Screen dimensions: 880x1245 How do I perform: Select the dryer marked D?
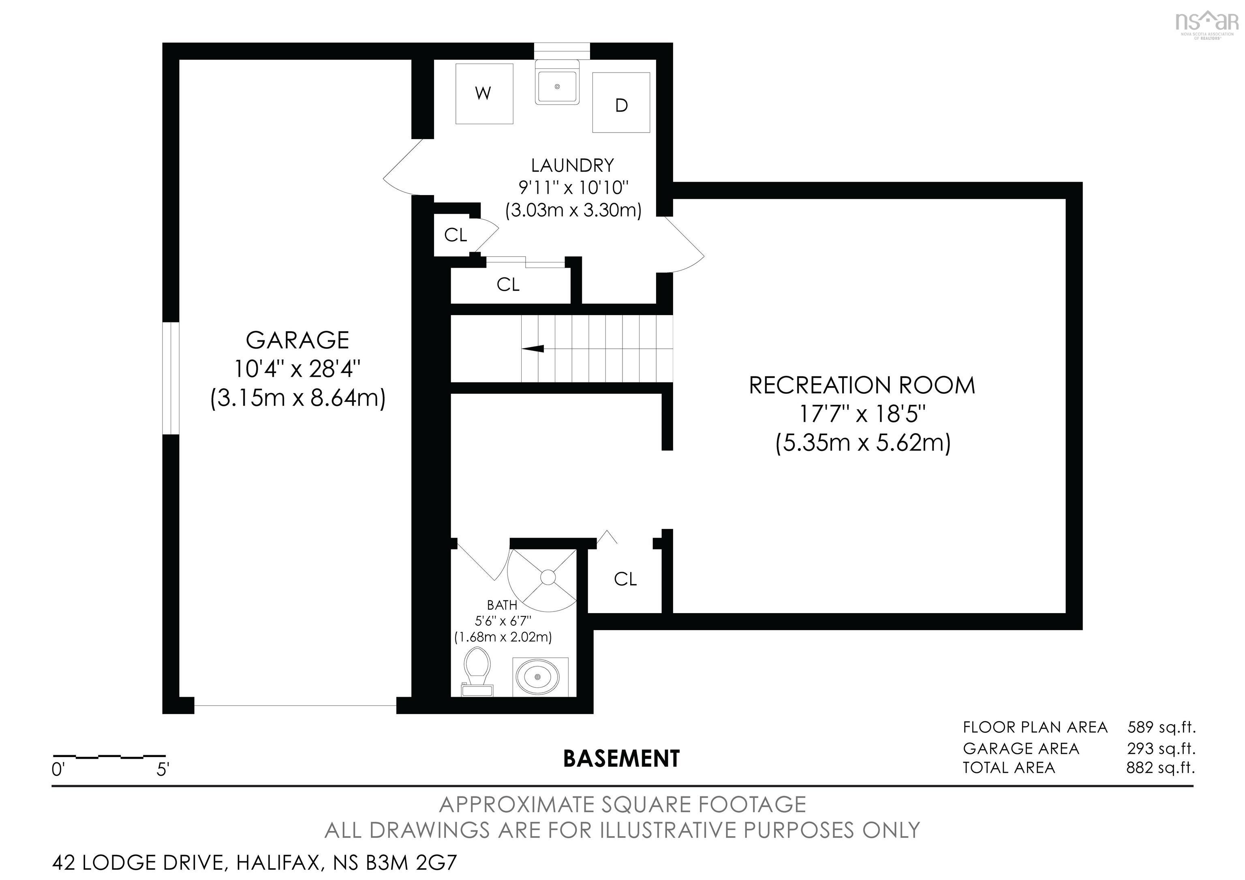point(621,103)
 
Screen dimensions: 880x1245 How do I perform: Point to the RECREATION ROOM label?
point(862,385)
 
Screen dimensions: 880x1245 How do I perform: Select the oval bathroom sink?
point(537,677)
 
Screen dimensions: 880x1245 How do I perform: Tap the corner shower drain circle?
point(548,577)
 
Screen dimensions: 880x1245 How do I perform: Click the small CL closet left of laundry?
point(455,235)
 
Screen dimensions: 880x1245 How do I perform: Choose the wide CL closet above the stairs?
point(508,284)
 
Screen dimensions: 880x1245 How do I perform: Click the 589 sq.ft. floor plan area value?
point(1161,727)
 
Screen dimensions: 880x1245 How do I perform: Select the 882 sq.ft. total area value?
point(1160,768)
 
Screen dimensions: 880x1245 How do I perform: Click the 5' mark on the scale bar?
point(163,769)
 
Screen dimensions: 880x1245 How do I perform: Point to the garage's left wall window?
point(171,378)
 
